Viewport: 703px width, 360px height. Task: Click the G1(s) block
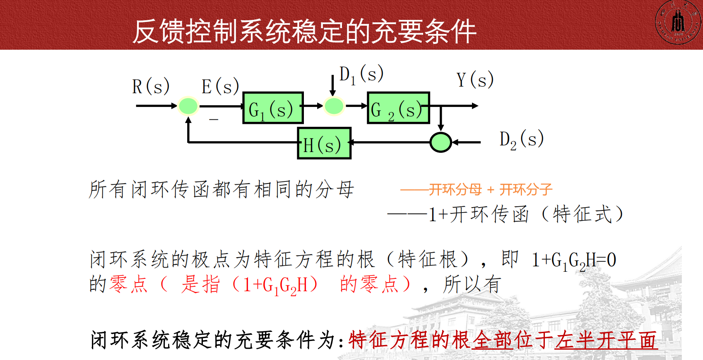tap(273, 108)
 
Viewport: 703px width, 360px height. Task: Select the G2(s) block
tap(398, 108)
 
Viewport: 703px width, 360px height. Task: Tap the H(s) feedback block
tap(324, 143)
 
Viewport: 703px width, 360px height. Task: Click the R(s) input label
tap(151, 87)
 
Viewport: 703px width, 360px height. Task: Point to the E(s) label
tap(220, 87)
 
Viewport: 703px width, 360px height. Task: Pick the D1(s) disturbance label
tap(361, 75)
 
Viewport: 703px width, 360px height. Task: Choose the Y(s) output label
tap(475, 80)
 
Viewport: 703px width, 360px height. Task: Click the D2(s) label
tap(521, 140)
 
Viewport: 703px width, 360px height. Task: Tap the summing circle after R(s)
tap(188, 106)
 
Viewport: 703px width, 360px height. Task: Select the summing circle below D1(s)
tap(334, 106)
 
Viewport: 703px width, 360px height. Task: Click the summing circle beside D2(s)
tap(441, 143)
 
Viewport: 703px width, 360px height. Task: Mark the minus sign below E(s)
tap(214, 120)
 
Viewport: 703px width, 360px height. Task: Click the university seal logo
tap(678, 22)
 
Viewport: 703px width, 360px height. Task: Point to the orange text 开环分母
tap(455, 190)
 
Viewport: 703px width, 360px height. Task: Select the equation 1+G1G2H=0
tap(574, 261)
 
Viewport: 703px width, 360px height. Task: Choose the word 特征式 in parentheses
tap(582, 215)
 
